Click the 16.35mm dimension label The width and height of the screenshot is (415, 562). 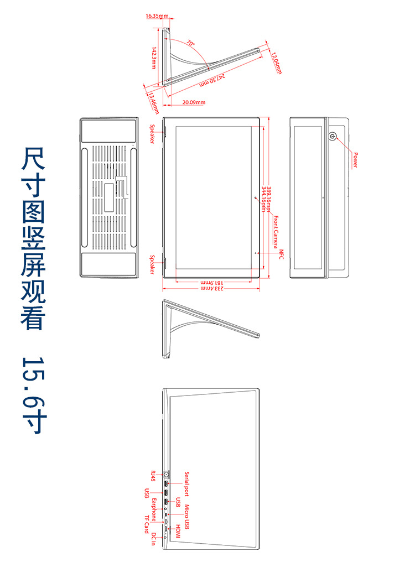[157, 16]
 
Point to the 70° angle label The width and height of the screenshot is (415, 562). [190, 43]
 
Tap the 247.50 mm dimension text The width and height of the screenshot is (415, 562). [211, 80]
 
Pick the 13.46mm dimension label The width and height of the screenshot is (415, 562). [152, 100]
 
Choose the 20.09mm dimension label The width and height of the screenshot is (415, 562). [194, 102]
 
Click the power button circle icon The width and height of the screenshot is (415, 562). [333, 136]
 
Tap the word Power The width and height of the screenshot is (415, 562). [355, 160]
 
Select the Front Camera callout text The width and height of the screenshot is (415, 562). [276, 232]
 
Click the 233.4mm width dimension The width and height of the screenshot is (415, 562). [211, 288]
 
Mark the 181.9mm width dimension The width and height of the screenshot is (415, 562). [211, 282]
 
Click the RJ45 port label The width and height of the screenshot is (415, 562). [154, 476]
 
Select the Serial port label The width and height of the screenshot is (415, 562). [187, 483]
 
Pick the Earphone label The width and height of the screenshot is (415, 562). [154, 509]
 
